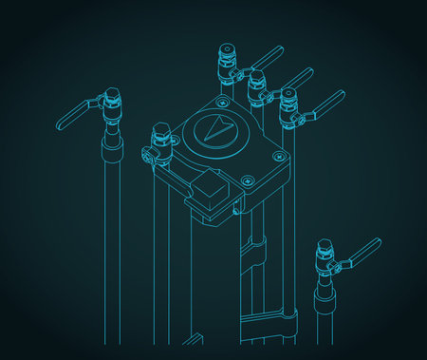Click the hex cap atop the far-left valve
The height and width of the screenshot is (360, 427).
coord(113,95)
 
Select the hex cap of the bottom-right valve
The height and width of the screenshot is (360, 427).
coord(325,246)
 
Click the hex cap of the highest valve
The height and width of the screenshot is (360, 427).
coord(226,49)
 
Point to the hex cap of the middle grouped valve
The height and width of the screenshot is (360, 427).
coord(255,77)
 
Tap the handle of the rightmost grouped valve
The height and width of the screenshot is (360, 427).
coord(326,103)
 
